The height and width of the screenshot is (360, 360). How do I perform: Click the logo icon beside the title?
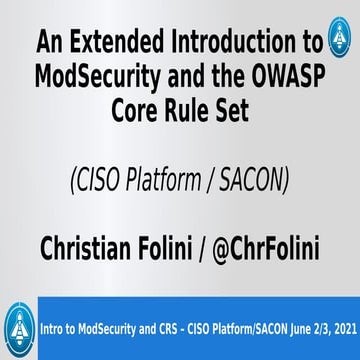[x=340, y=42]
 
